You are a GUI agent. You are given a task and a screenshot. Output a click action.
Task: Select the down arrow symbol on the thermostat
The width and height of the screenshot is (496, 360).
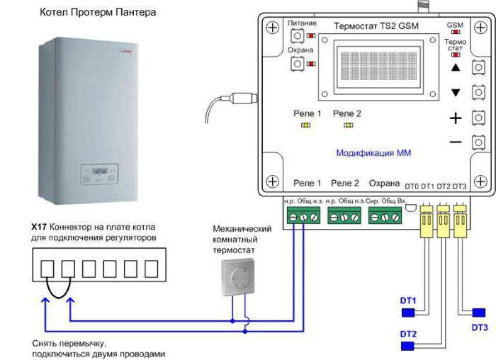coord(456,93)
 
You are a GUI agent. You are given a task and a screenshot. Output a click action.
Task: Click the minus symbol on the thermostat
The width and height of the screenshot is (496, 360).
coord(456,142)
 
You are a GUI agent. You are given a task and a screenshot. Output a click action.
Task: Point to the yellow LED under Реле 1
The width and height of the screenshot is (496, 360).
coord(307,125)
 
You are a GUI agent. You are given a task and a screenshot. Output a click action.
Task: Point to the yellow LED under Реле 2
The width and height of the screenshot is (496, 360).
coord(347,125)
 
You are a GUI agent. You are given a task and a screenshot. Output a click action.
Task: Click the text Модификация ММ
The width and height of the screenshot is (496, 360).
coord(373,153)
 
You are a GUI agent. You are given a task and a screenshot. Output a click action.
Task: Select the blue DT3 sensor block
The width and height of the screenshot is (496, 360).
coord(479,313)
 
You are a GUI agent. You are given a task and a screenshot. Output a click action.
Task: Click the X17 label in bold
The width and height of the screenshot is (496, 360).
coord(39,225)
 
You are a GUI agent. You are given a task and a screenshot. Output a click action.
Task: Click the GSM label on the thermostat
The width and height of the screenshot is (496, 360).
coord(455,25)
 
